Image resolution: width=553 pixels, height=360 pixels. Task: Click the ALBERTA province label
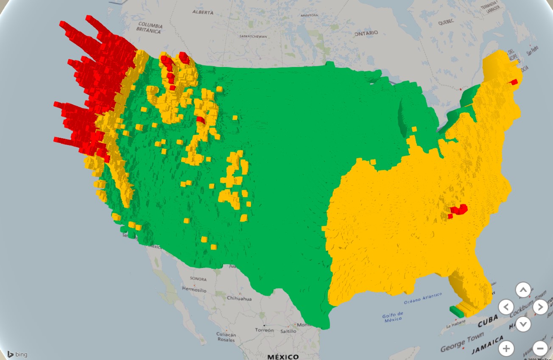[x=203, y=12]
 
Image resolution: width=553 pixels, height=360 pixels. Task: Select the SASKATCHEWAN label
[x=253, y=36]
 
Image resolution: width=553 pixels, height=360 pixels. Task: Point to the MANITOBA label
[x=309, y=15]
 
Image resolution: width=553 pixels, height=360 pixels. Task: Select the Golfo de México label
[x=393, y=318]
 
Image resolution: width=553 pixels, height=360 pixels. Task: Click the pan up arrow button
[x=523, y=290]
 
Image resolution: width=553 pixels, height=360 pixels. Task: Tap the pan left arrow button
[x=506, y=307]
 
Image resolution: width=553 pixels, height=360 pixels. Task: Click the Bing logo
[x=17, y=354]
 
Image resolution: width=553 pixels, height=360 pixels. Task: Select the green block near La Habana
[x=457, y=312]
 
